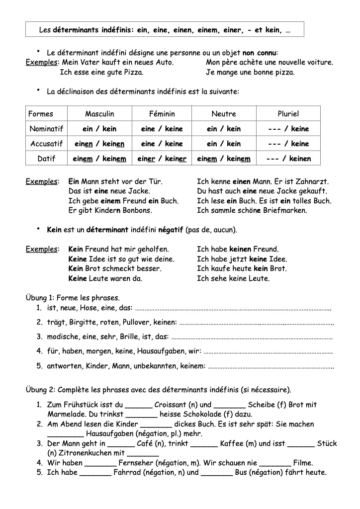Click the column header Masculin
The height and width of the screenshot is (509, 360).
point(99,114)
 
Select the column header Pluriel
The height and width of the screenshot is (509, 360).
point(288,114)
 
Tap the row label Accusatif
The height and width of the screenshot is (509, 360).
point(46,144)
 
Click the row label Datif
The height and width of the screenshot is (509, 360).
point(46,159)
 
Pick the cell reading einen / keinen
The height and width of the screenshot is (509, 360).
point(99,144)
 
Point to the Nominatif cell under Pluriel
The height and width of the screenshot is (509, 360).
point(288,129)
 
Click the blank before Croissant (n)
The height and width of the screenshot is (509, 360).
point(139,405)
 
